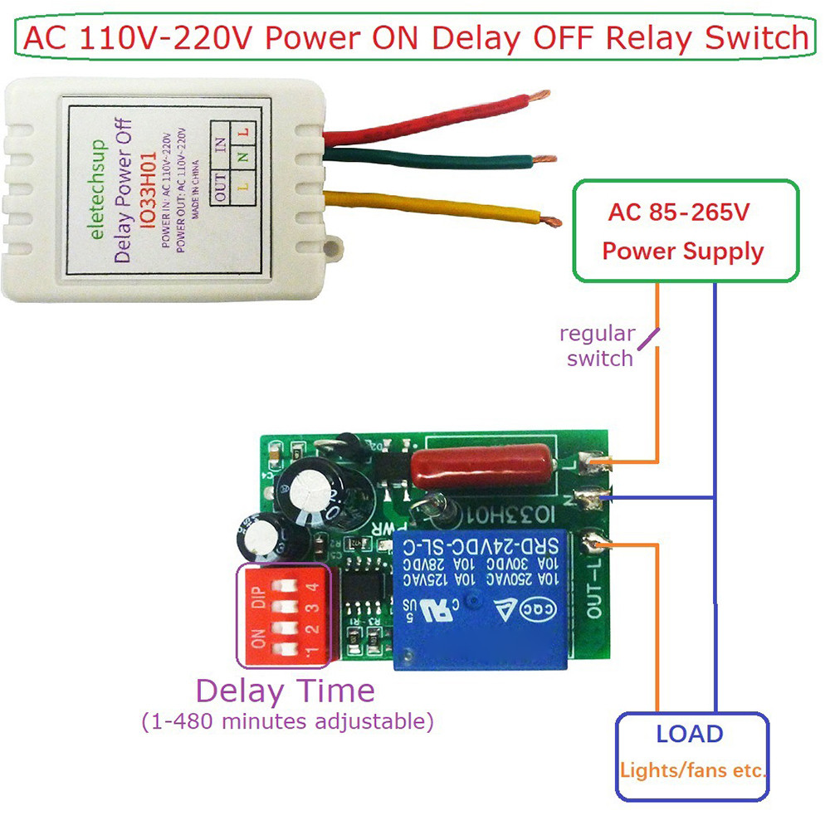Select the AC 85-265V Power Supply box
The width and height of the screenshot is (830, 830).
tap(686, 231)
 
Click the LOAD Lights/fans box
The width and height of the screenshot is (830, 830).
tap(691, 756)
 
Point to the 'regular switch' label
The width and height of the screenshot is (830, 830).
tap(598, 346)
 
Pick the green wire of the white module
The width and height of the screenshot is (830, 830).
tap(432, 158)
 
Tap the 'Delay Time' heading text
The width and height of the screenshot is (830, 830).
tap(285, 691)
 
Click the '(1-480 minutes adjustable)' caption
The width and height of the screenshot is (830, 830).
tap(287, 721)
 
